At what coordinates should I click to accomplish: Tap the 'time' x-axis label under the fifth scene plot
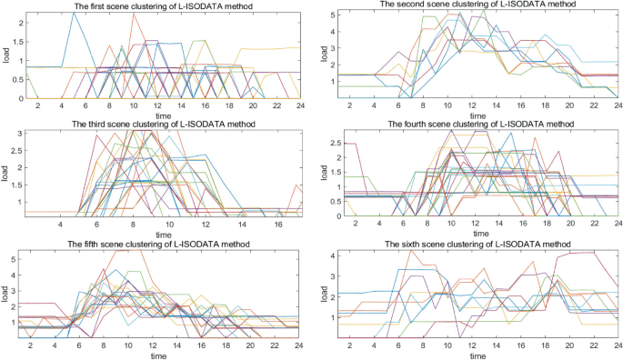click(160, 355)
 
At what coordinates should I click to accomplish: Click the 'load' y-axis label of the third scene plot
click(6, 173)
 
